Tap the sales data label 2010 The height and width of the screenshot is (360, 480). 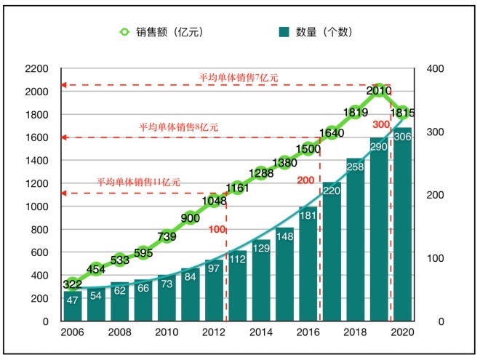pos(378,91)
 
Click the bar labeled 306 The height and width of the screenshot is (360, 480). pos(402,225)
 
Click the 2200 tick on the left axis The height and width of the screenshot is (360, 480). pos(36,69)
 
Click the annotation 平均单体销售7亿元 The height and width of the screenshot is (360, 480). pos(238,77)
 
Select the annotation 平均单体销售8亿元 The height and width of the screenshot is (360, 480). pos(178,127)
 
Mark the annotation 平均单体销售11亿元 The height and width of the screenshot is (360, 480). pos(138,182)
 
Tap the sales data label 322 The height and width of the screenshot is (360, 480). pos(73,284)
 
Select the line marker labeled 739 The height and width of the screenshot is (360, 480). pos(167,236)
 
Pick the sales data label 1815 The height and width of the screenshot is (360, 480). pos(402,113)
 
